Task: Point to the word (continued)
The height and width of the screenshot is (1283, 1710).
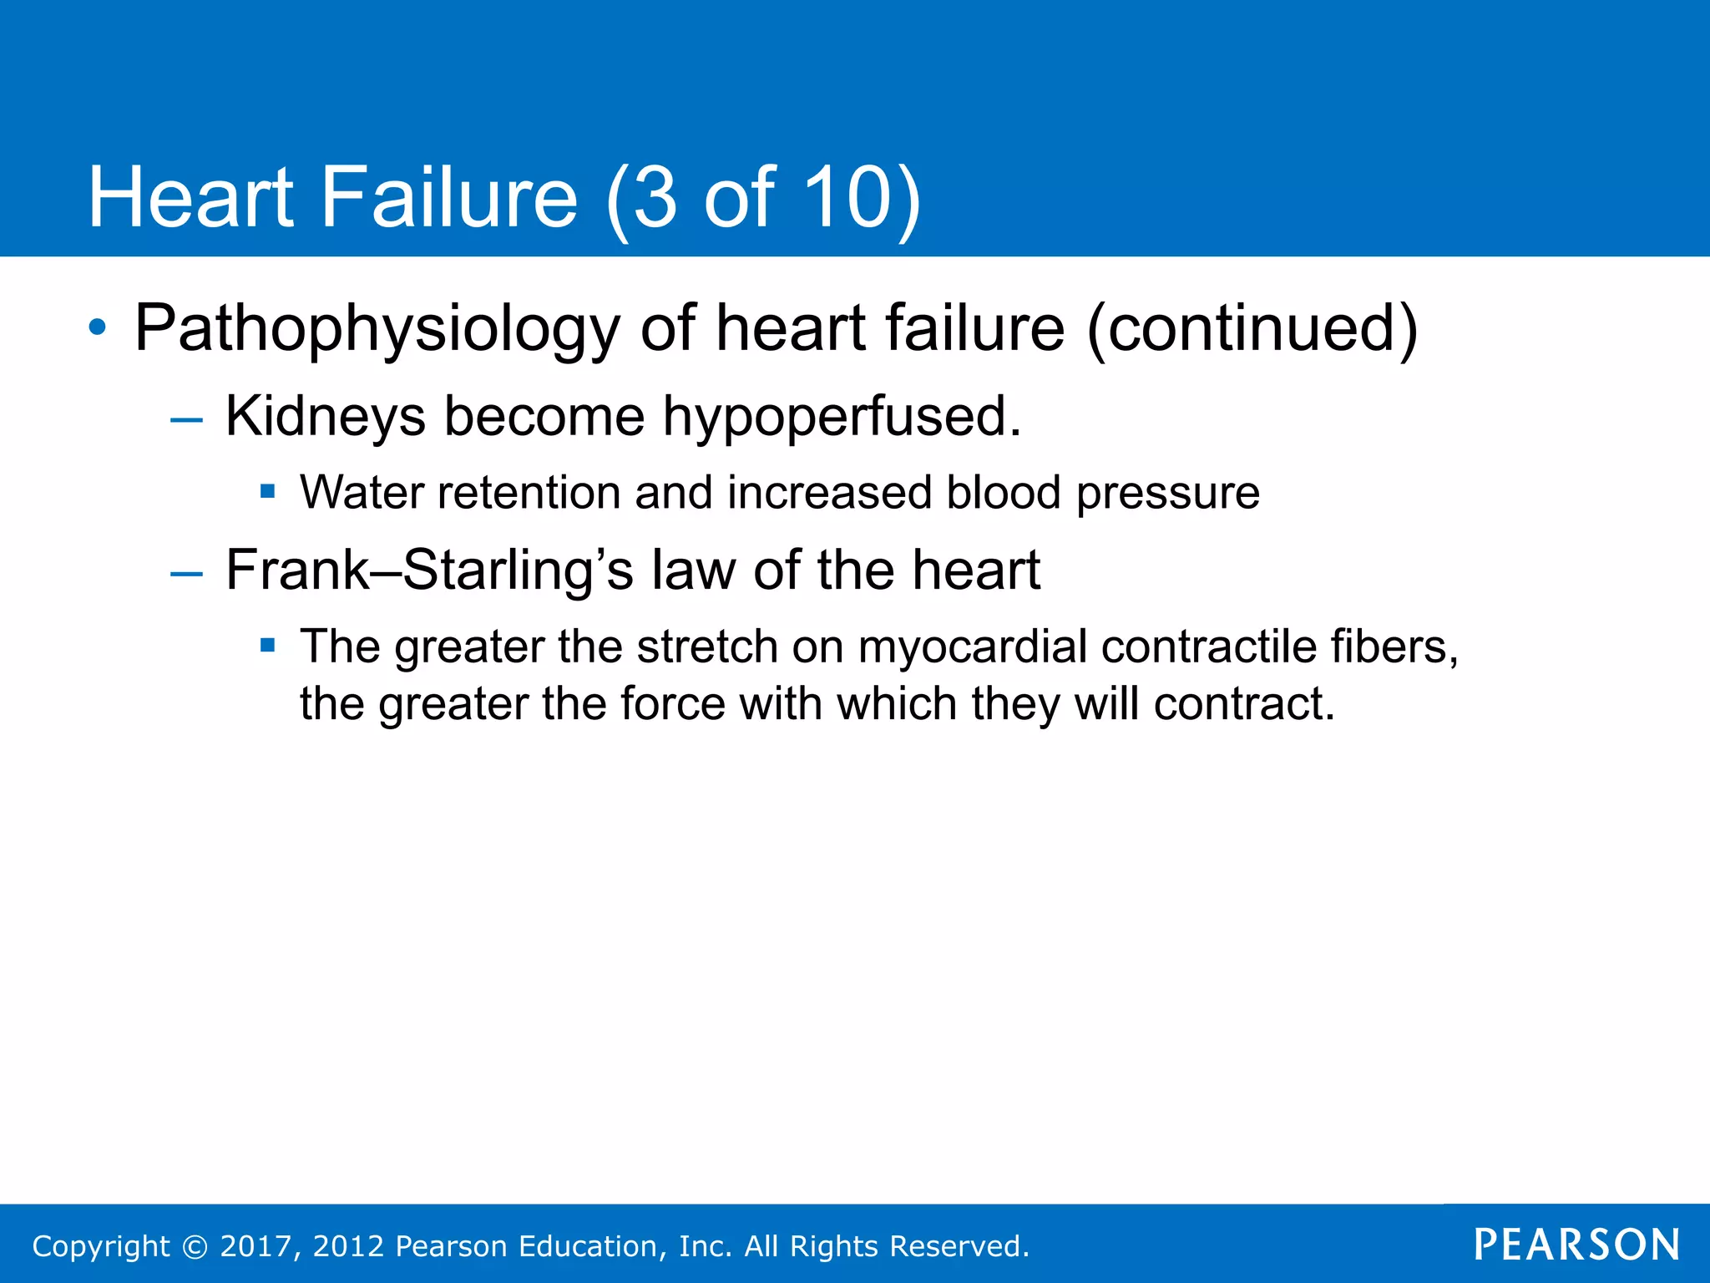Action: (x=1252, y=328)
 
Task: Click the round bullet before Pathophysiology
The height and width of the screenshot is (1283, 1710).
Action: (x=99, y=327)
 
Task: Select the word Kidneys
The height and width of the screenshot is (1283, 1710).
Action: (x=326, y=417)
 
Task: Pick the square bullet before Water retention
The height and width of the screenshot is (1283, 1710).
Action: (x=267, y=490)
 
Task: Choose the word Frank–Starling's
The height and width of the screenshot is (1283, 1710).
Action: (x=429, y=571)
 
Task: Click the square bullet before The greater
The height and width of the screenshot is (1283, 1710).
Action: (x=267, y=644)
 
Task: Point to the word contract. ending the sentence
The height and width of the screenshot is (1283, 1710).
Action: (x=1244, y=703)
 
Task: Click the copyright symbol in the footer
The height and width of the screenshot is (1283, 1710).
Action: (x=195, y=1246)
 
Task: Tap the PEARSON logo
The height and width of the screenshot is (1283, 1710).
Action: (x=1576, y=1245)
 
